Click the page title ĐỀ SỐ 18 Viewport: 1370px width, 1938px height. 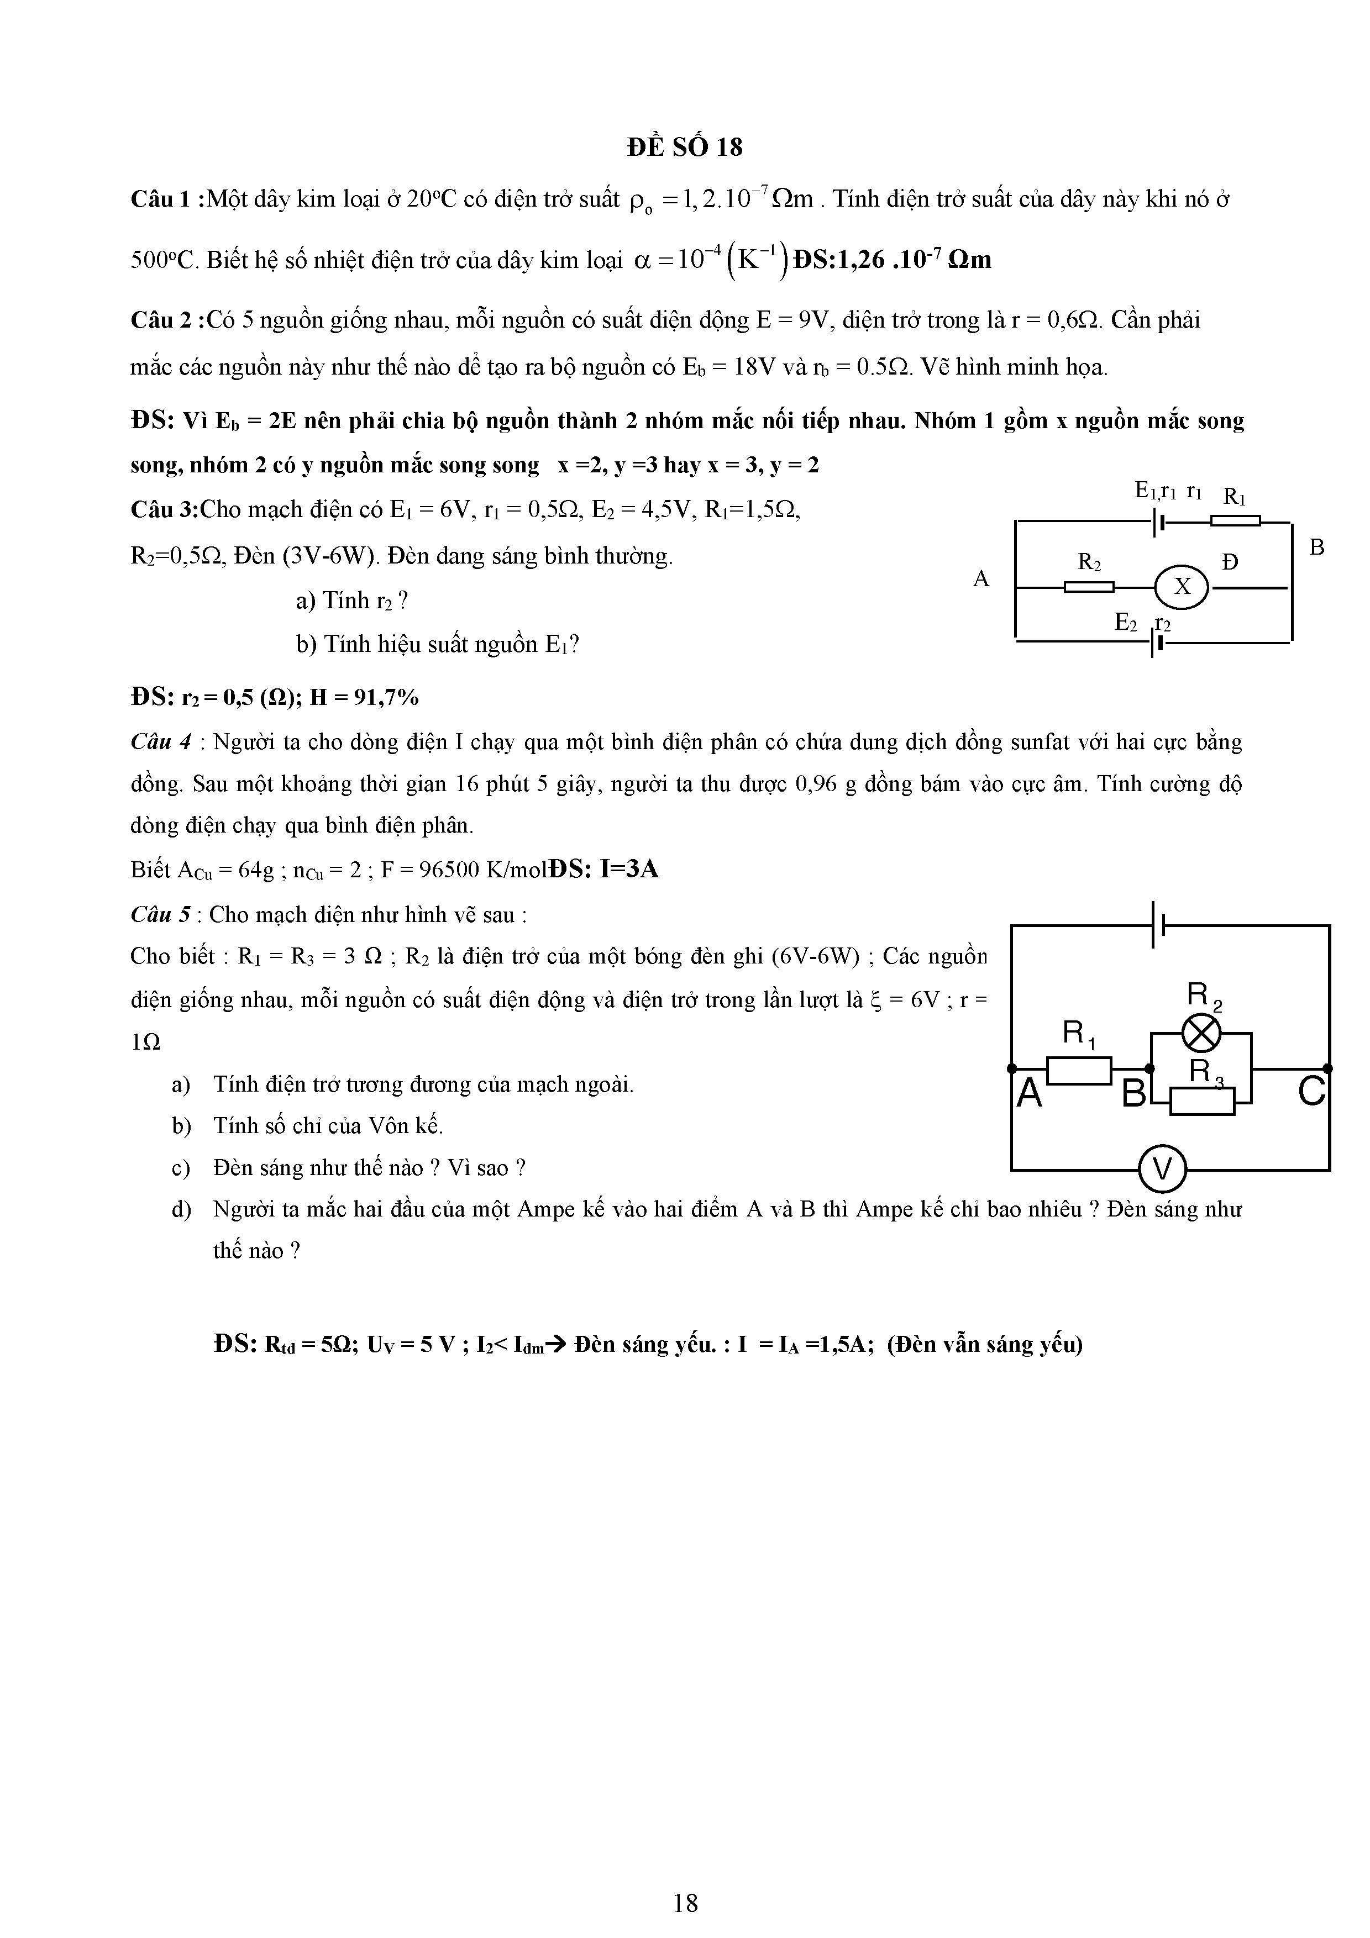[x=685, y=148]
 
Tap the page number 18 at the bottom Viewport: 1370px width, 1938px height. [x=685, y=1879]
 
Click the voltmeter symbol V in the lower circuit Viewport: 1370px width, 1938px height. [x=1162, y=1170]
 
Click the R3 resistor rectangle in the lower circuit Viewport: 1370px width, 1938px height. [x=1202, y=1100]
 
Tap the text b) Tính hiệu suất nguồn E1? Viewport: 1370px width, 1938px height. [x=437, y=645]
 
